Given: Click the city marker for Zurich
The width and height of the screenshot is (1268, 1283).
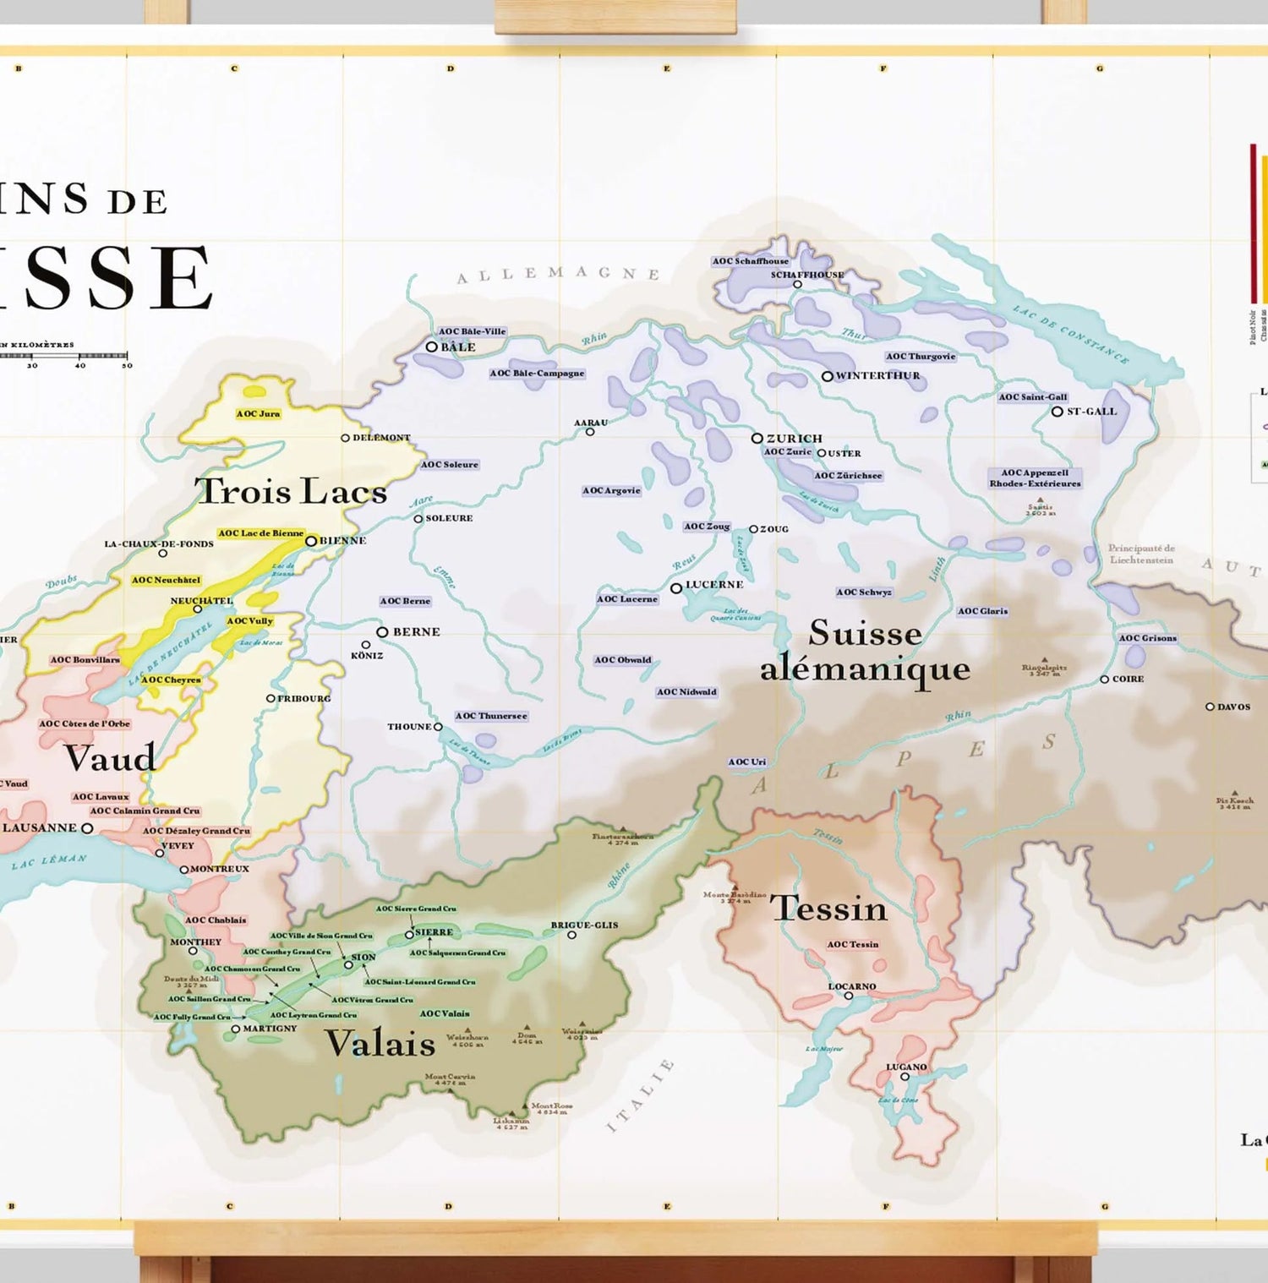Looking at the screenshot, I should (x=757, y=439).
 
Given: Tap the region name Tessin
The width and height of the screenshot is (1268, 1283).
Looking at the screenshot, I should (x=828, y=909).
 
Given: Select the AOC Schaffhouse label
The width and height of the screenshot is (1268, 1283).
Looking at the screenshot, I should (x=750, y=261).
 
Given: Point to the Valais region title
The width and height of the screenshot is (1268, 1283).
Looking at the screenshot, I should (x=380, y=1044).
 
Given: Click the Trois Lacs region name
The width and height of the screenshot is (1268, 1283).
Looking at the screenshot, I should (x=291, y=491).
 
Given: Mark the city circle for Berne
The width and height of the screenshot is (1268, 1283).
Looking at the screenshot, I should (x=382, y=632).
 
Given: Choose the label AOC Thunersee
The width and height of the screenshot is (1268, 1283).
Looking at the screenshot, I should (x=491, y=716).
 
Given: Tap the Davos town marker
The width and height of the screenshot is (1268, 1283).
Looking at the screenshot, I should (x=1210, y=707).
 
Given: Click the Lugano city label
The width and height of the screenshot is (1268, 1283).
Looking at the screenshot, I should (x=906, y=1067).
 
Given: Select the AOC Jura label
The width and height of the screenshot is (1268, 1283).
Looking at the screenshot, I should (x=258, y=413).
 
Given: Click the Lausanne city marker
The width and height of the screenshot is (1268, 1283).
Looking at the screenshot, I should (x=87, y=828).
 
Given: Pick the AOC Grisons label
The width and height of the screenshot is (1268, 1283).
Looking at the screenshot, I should (x=1147, y=638).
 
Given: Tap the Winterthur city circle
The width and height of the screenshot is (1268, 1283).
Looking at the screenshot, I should (x=828, y=376).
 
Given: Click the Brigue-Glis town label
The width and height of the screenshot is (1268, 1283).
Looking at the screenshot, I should (x=584, y=925).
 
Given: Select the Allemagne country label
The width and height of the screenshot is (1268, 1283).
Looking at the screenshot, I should (x=558, y=274).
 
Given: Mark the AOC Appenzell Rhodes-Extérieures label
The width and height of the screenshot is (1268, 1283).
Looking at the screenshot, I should (x=1035, y=478).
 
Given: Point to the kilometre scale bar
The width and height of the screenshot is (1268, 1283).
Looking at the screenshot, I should (x=63, y=356).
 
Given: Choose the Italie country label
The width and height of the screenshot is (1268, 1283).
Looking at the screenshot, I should (x=640, y=1095).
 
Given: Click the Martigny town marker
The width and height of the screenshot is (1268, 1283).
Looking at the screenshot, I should (x=236, y=1029).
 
